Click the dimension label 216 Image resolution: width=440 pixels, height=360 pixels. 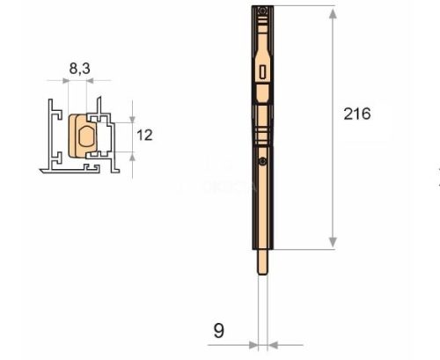coord(357,114)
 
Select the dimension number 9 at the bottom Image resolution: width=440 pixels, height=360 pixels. coord(220,330)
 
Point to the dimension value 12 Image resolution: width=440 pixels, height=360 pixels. coord(146,135)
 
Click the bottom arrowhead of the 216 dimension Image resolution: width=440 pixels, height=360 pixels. coord(332,244)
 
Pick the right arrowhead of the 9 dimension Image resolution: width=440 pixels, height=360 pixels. coord(271,344)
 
